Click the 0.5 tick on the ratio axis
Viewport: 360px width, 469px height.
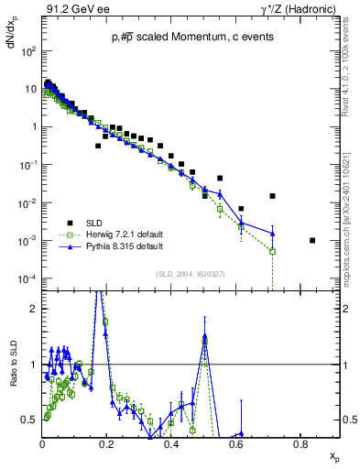pos(33,420)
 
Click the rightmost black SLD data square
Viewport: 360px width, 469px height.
pos(313,241)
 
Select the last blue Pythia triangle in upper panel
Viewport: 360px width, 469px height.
pos(272,233)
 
